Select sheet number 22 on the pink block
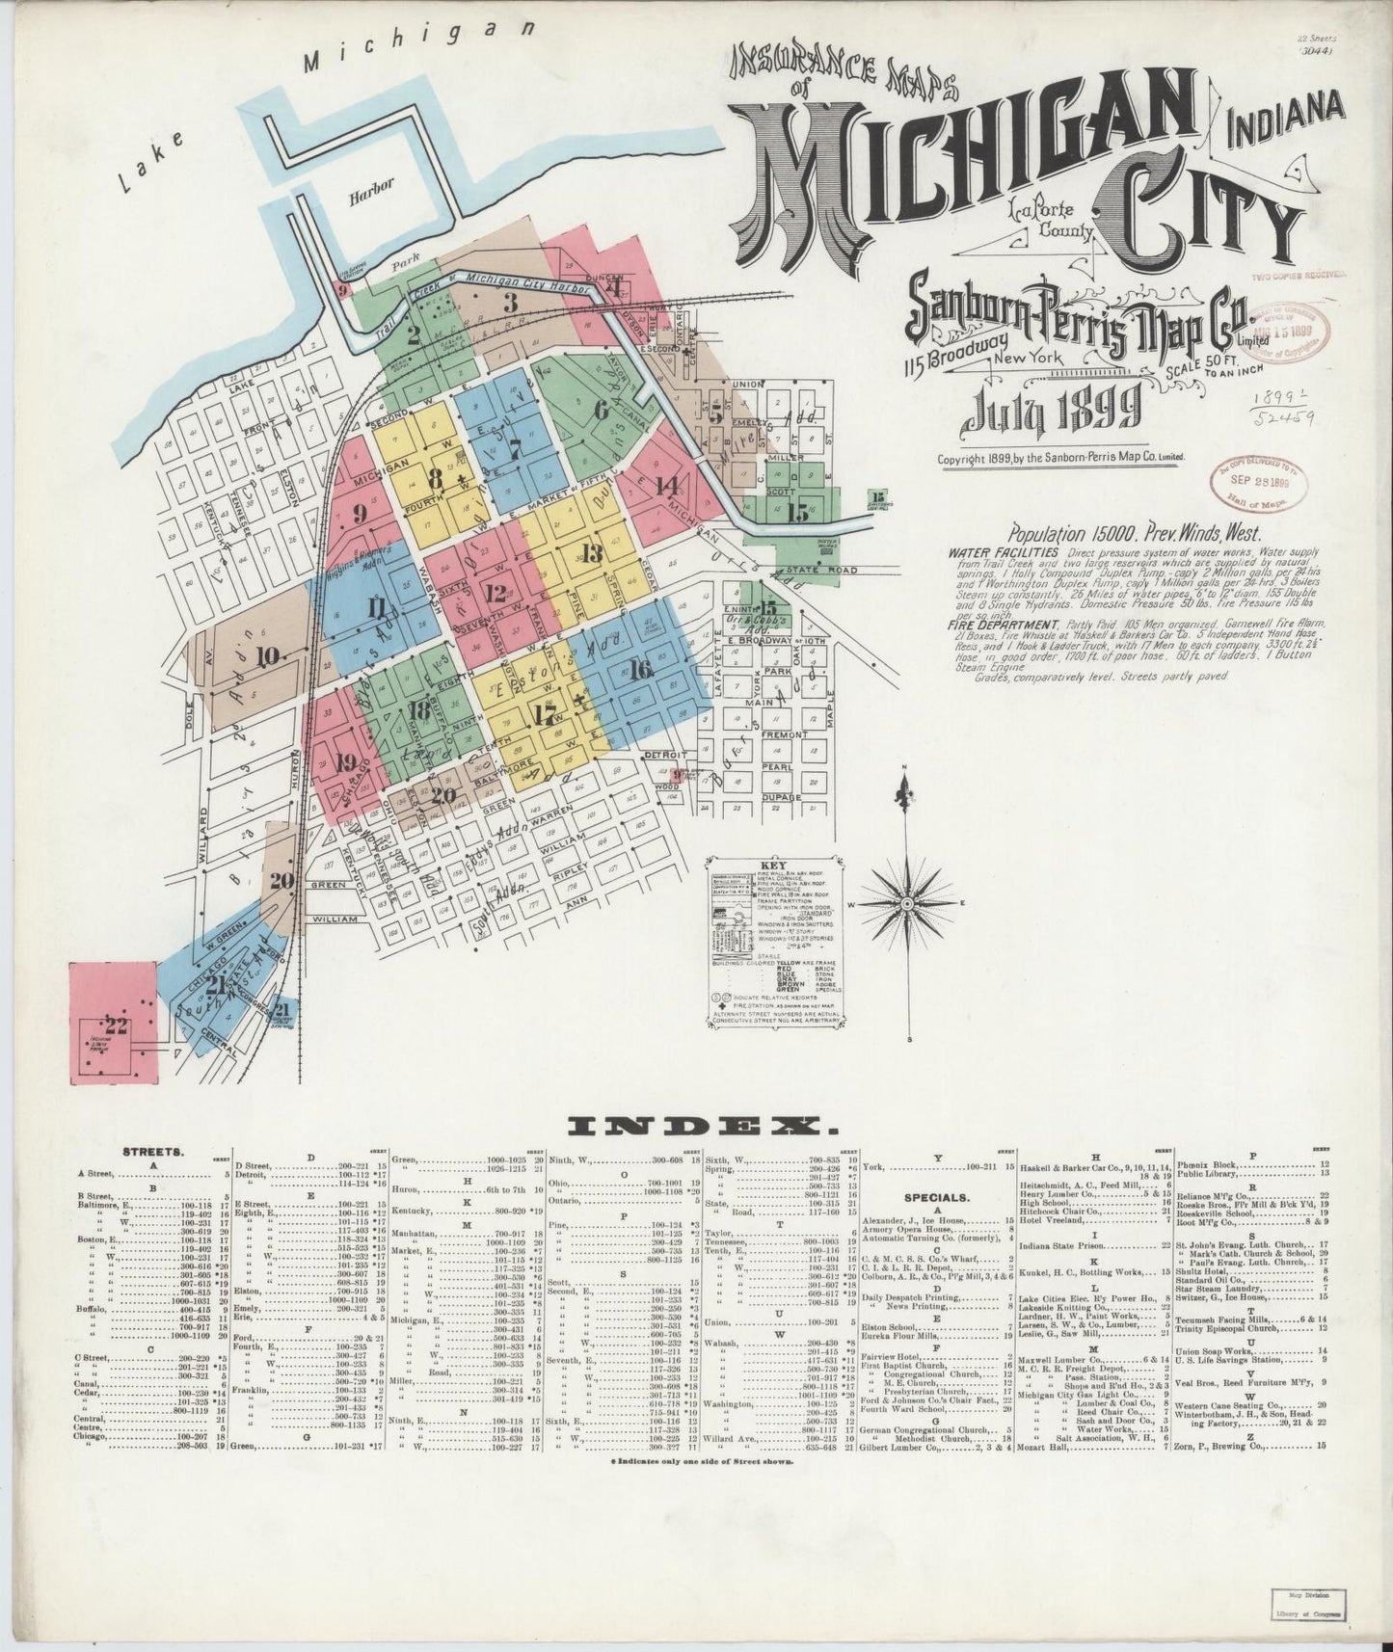(x=116, y=1026)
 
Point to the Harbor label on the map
(x=372, y=187)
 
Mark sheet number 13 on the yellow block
(x=590, y=552)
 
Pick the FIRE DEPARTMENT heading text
(x=999, y=625)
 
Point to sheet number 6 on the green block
(x=602, y=409)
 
